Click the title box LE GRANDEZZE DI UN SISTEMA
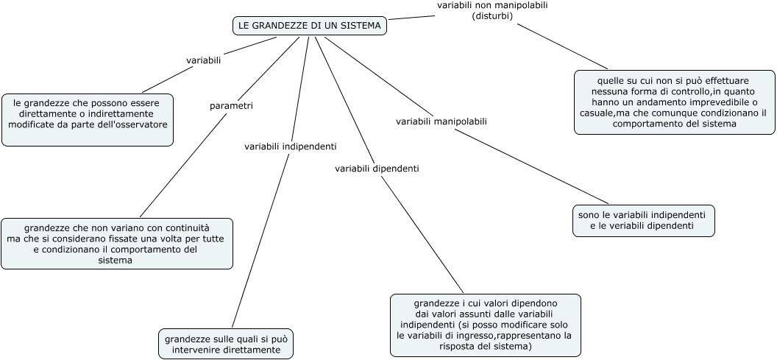point(310,26)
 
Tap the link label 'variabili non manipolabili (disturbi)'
point(492,10)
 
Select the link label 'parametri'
point(231,106)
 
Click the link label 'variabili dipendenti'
point(377,169)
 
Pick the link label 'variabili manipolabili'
point(441,121)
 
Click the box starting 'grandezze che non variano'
point(117,243)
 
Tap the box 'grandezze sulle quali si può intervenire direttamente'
point(226,344)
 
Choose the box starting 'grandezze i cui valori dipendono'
point(485,325)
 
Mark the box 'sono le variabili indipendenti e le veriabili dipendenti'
point(643,220)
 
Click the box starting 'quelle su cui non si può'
point(674,102)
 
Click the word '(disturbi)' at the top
point(492,15)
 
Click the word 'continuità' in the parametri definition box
point(185,228)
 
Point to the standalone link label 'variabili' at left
point(204,60)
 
